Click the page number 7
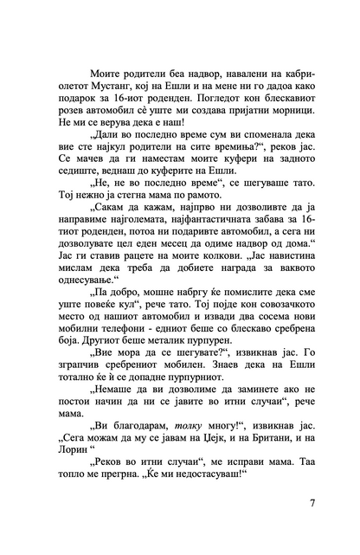312,504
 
